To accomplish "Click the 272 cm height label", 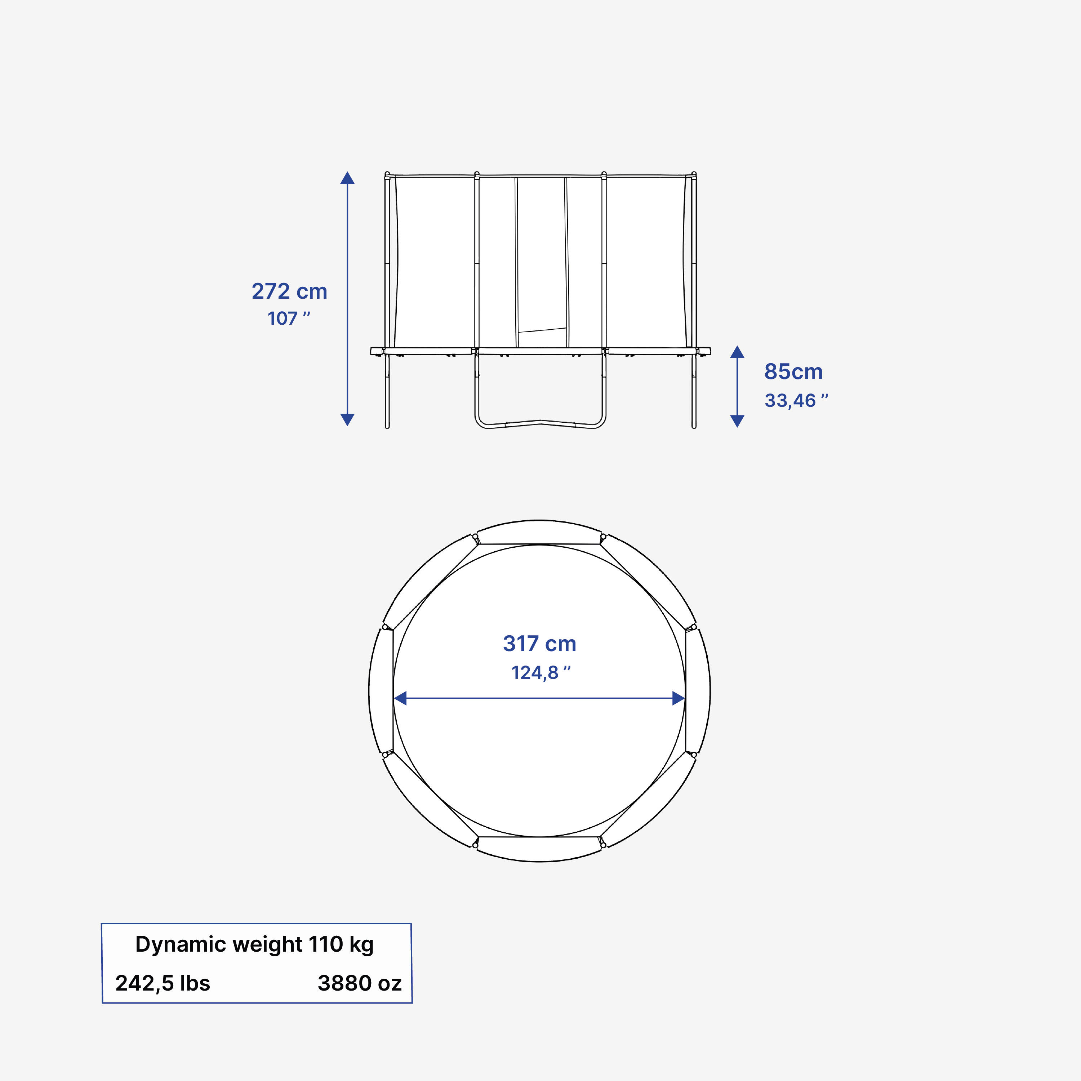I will pyautogui.click(x=289, y=292).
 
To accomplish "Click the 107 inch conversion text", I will pyautogui.click(x=289, y=319).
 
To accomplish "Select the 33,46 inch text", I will pyautogui.click(x=796, y=401).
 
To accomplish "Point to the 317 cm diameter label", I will pyautogui.click(x=539, y=644).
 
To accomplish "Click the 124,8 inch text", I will pyautogui.click(x=540, y=672).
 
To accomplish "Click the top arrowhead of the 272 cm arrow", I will pyautogui.click(x=347, y=178).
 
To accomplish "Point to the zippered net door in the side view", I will pyautogui.click(x=541, y=257).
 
